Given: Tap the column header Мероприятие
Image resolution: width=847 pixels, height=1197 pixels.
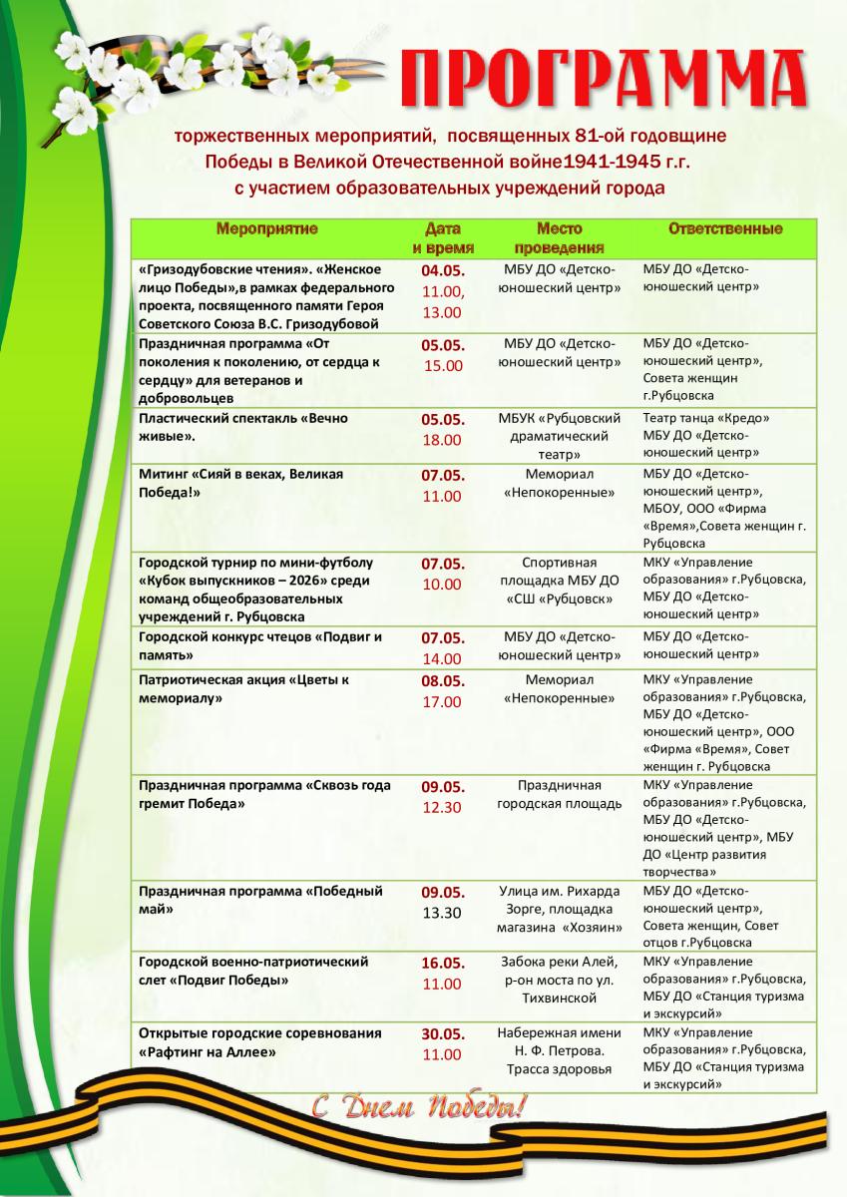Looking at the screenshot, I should point(266,229).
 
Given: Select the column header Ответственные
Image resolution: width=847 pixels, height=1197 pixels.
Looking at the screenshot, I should point(725,229).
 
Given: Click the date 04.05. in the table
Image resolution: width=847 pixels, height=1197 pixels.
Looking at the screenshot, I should point(443,271).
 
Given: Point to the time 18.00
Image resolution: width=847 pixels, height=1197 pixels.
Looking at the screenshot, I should point(443,440).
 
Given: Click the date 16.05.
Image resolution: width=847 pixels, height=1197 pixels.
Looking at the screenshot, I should point(443,963).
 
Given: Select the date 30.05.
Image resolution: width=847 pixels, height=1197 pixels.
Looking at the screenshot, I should point(443,1033).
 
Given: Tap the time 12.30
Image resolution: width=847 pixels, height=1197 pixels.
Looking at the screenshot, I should point(443,807).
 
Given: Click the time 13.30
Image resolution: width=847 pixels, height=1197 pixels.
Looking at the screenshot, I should point(443,912).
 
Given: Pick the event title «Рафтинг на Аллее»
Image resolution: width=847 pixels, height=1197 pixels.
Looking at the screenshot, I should point(208,1051).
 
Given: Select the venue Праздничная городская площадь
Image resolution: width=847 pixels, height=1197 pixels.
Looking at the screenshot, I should point(559,794).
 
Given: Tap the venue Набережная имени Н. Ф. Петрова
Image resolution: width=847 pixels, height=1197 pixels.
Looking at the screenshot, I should point(559,1042).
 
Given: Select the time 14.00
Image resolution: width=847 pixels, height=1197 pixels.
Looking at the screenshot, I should point(443,658).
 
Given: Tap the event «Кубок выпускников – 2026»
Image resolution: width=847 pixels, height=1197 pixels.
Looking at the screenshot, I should point(254,582).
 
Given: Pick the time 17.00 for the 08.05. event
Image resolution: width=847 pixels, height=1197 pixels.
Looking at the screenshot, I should point(443,701).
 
